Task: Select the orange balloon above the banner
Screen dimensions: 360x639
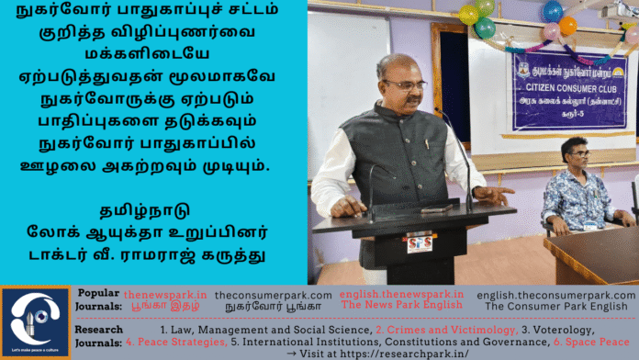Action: (x=568, y=25)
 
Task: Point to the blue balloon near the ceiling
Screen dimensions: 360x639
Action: (x=551, y=11)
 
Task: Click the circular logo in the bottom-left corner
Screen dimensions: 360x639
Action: (x=36, y=322)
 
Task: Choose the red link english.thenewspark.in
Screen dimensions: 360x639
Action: (x=401, y=294)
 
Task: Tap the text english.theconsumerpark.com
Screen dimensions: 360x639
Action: (x=555, y=294)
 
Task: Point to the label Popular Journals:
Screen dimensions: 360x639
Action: (x=99, y=299)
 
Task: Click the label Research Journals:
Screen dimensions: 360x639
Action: (x=99, y=335)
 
